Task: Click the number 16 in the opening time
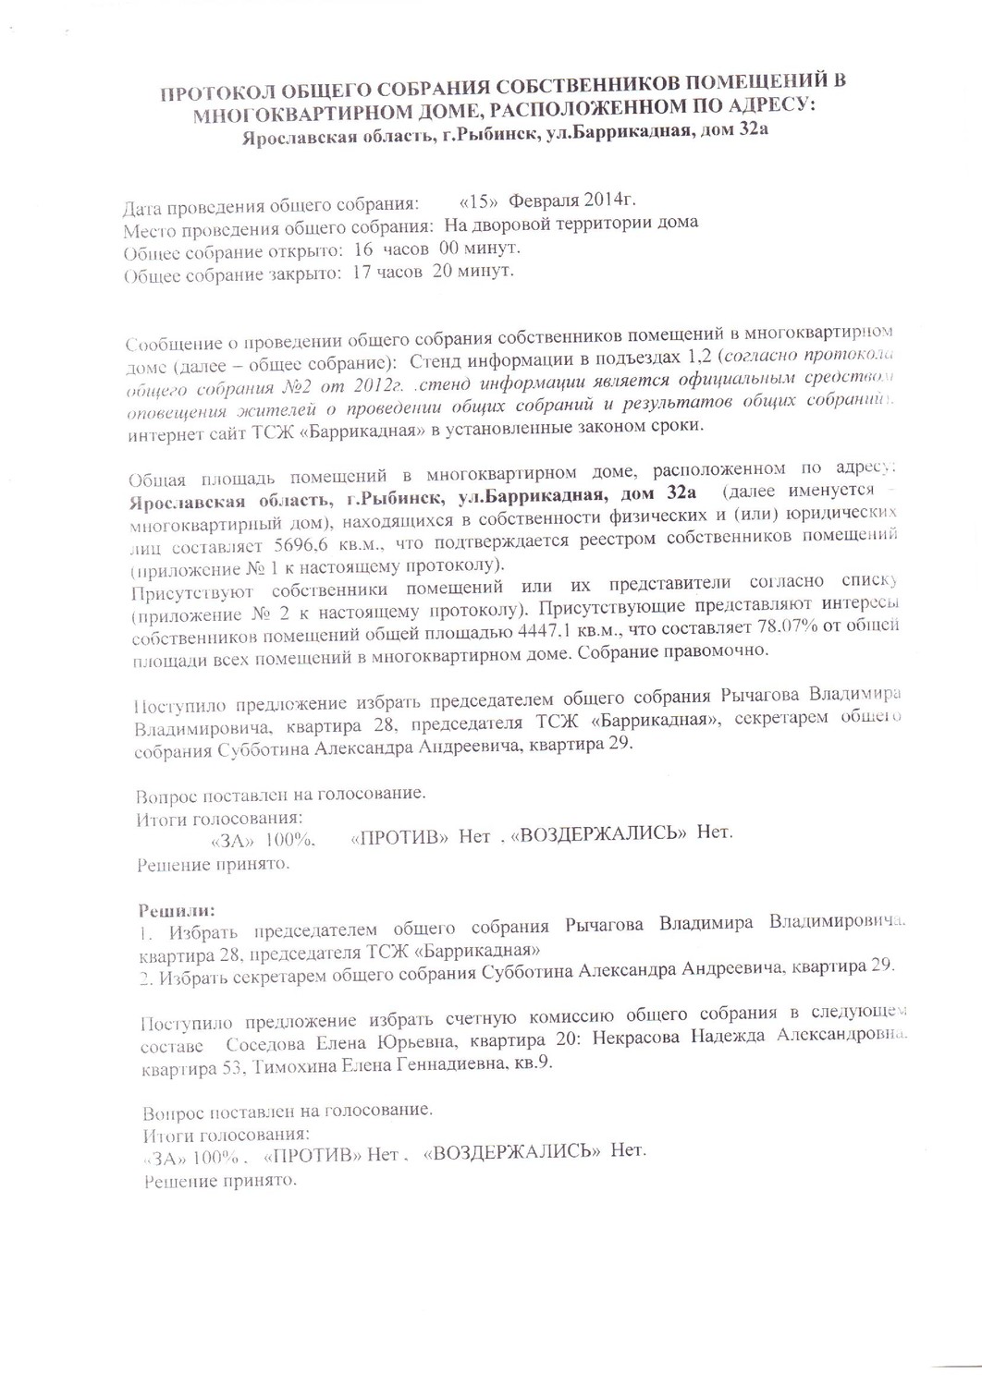[x=363, y=249]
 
